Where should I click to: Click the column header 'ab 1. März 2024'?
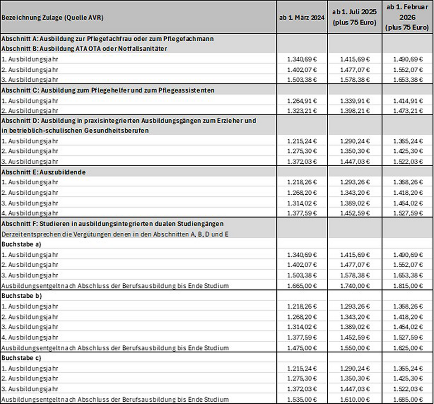(302, 17)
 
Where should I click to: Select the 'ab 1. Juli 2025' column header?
(355, 17)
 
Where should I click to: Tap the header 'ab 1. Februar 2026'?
(407, 17)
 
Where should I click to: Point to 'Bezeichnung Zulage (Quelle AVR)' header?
(52, 17)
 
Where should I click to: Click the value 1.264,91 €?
(302, 100)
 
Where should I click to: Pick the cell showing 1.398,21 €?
(355, 110)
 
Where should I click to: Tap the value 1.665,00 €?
(302, 286)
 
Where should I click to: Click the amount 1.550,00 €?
(355, 348)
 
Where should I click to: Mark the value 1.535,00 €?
(302, 399)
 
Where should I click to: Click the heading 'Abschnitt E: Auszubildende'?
(44, 172)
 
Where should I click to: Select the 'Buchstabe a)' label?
(21, 244)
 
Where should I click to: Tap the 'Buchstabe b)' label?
(21, 296)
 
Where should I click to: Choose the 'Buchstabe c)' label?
(21, 358)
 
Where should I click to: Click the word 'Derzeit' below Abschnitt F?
(12, 234)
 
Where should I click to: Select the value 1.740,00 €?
(355, 286)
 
